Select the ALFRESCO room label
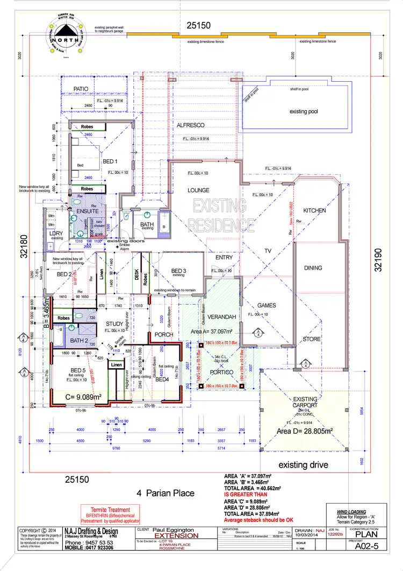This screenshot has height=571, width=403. [191, 125]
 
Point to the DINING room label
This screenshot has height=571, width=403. [313, 267]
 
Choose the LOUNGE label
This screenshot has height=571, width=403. [198, 190]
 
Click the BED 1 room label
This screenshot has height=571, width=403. [110, 161]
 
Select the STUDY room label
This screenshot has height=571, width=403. [114, 323]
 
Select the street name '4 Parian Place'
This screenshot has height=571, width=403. [165, 492]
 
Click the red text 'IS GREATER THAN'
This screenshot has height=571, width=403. [245, 494]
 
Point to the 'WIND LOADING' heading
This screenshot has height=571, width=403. [351, 512]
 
